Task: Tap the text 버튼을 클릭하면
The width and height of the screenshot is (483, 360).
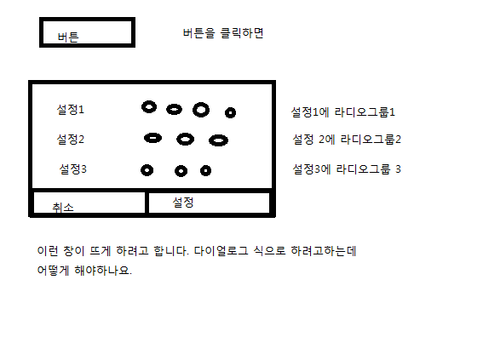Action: point(223,33)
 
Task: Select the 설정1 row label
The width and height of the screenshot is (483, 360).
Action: point(70,109)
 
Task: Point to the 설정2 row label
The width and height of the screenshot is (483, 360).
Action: point(70,139)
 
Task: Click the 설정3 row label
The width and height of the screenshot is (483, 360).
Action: point(72,169)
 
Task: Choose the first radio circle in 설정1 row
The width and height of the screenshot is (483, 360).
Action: point(149,102)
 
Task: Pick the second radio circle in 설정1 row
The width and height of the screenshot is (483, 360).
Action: point(174,106)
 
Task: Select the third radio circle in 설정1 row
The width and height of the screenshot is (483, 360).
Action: point(201,103)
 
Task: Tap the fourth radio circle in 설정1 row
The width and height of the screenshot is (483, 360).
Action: point(230,108)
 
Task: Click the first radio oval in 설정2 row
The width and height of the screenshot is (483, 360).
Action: point(152,134)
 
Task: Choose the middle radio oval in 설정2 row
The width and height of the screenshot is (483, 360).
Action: point(186,134)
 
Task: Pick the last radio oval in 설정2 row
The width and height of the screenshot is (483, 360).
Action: point(218,136)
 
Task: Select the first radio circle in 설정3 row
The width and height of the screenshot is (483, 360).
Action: point(147,166)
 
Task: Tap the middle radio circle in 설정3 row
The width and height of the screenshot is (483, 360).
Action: point(181,167)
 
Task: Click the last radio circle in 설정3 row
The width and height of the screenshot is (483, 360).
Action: point(205,167)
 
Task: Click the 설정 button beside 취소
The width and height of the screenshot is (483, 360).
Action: point(210,203)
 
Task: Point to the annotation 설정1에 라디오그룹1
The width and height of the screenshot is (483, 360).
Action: point(342,112)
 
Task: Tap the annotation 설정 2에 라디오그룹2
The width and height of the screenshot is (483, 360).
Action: point(347,140)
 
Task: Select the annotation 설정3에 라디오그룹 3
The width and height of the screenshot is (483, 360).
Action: point(347,169)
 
